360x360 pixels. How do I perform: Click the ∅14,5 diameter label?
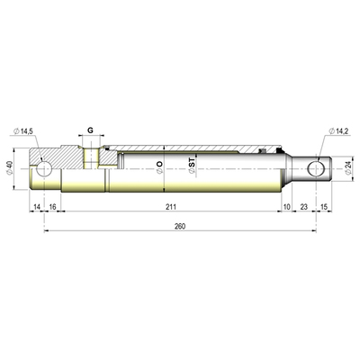click(x=23, y=132)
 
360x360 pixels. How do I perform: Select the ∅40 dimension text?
click(x=10, y=168)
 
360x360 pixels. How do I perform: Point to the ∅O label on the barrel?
click(x=160, y=165)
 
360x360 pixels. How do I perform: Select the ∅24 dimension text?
click(x=349, y=167)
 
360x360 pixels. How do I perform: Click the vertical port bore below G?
click(x=90, y=157)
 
